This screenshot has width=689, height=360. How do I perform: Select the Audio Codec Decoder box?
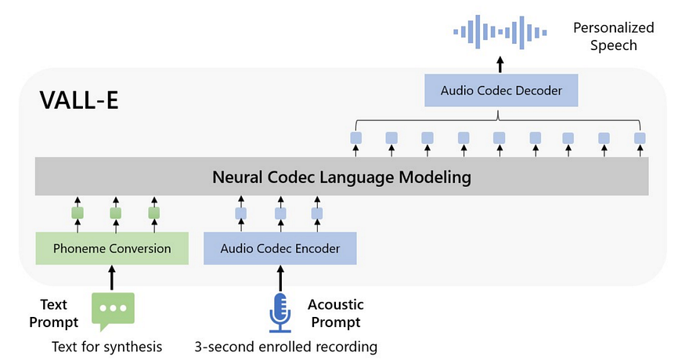[501, 91]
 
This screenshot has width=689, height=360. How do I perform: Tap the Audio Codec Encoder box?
[280, 249]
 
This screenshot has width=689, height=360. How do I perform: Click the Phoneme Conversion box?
[112, 249]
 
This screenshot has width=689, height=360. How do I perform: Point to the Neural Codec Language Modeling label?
[341, 177]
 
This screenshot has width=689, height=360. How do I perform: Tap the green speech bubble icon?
[113, 309]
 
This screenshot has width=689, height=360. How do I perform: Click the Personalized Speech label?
[613, 37]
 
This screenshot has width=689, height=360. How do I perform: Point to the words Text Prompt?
[59, 313]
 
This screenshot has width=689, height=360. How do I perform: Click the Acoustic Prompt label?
[335, 313]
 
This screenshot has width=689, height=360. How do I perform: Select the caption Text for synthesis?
[107, 346]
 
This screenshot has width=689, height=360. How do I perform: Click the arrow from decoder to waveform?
[501, 63]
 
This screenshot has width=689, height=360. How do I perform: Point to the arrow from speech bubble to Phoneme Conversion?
[112, 277]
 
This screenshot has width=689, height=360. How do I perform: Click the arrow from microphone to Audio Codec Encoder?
[280, 277]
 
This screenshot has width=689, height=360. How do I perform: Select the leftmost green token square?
[78, 213]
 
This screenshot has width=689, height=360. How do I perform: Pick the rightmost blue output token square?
[640, 139]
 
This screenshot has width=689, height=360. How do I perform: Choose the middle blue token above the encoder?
[280, 213]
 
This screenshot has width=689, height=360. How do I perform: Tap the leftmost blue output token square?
[355, 139]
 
